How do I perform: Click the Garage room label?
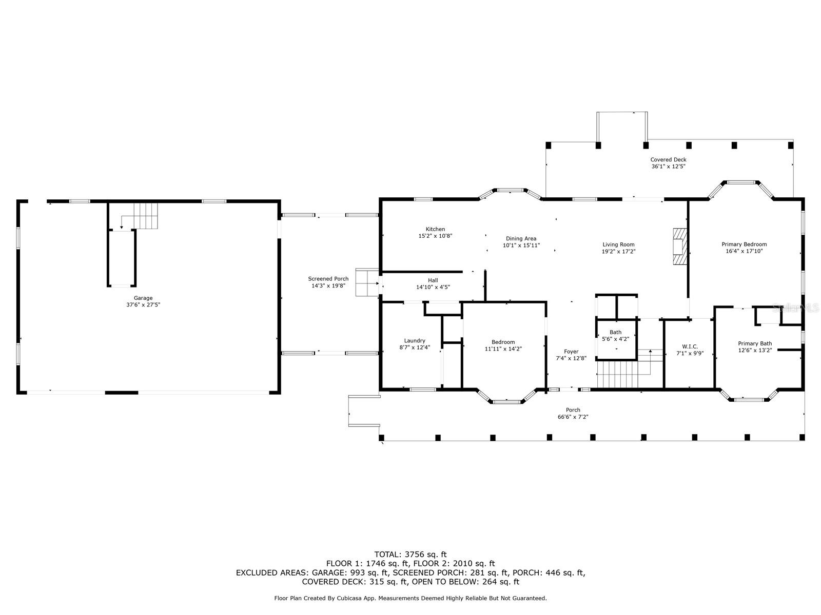[x=143, y=298]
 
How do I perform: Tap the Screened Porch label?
[x=328, y=279]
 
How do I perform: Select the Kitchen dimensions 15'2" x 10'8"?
[x=435, y=236]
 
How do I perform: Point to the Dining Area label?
[x=521, y=238]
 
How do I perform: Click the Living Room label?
[x=618, y=244]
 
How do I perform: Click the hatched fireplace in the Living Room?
[x=680, y=247]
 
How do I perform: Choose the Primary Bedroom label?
[x=744, y=244]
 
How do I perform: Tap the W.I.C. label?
[x=690, y=346]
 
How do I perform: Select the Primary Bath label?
[x=755, y=343]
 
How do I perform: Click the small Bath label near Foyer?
[x=615, y=332]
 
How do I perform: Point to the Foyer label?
[x=571, y=352]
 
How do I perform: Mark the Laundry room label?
[x=415, y=340]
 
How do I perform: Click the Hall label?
[x=433, y=280]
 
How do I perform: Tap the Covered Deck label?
[x=668, y=159]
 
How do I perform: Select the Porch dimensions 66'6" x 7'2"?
[x=573, y=417]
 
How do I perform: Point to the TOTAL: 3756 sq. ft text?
[x=411, y=554]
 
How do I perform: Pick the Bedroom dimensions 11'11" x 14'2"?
[x=503, y=349]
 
